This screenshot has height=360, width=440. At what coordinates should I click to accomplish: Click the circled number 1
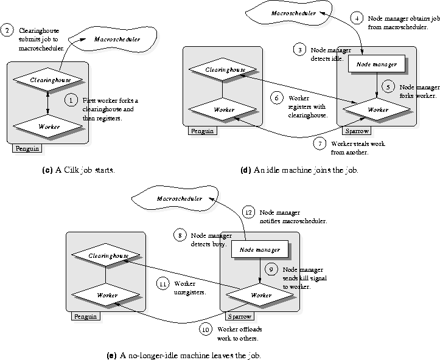[x=71, y=100]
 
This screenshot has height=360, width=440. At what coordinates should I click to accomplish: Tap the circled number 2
[x=7, y=30]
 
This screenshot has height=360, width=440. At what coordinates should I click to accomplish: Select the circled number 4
[x=357, y=18]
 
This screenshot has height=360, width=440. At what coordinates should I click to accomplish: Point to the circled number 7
[x=320, y=144]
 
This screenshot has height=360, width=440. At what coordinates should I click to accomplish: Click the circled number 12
[x=249, y=212]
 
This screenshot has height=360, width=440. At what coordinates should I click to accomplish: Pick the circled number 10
[x=206, y=329]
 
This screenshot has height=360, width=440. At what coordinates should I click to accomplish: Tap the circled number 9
[x=271, y=269]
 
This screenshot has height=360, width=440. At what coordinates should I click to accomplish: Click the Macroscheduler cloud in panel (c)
[x=113, y=40]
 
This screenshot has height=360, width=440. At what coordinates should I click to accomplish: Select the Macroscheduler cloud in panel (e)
[x=175, y=198]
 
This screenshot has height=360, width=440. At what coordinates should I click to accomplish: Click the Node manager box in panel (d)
[x=377, y=64]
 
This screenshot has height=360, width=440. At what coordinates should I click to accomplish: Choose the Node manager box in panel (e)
[x=260, y=249]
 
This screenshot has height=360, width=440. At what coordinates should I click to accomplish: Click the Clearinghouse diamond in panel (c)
[x=48, y=79]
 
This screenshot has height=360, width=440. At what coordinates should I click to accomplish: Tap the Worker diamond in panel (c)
[x=48, y=126]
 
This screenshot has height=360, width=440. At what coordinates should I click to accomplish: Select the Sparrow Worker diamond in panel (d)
[x=377, y=109]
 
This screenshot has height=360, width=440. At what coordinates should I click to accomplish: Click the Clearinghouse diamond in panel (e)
[x=106, y=255]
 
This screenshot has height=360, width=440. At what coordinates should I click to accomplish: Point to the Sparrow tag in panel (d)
[x=357, y=131]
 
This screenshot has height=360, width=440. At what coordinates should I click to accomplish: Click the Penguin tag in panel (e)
[x=86, y=316]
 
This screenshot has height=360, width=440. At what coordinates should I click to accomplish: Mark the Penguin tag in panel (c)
[x=27, y=148]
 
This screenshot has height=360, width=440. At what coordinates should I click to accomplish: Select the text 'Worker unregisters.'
[x=190, y=288]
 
